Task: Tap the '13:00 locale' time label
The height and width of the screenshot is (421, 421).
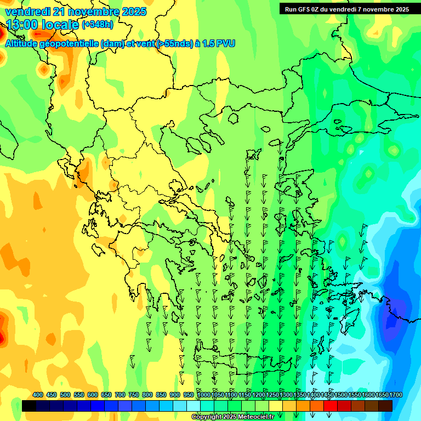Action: (x=42, y=25)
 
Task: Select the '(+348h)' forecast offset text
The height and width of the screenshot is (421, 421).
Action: (x=98, y=25)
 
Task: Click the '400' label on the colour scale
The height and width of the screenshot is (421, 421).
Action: (x=38, y=395)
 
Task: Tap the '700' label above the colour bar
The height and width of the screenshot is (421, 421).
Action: (x=120, y=395)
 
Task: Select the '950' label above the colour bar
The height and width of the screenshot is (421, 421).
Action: (x=189, y=395)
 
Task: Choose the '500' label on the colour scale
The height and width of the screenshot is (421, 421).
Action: (x=65, y=395)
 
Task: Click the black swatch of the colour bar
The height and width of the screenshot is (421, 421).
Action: (x=29, y=406)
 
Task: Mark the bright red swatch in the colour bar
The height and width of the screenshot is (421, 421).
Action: (x=331, y=406)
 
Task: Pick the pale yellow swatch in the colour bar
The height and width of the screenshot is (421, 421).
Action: (x=276, y=406)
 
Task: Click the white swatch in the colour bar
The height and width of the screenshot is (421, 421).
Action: (x=194, y=406)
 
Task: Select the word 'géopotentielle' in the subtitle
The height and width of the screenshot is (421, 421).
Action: (x=70, y=43)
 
